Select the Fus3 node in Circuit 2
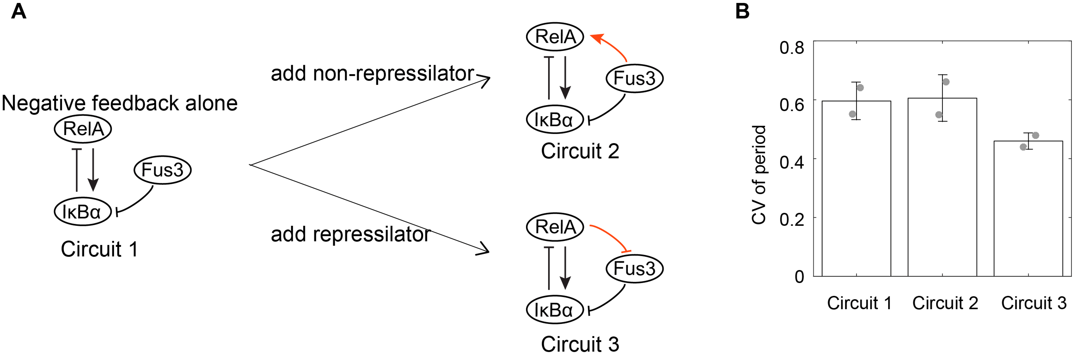tap(634, 78)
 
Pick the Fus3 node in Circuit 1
tap(162, 170)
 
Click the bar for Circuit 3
tap(1028, 209)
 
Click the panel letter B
tap(742, 11)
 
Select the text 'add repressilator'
tap(350, 234)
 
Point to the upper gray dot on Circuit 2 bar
tap(946, 82)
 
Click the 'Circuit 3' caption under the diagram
tap(580, 344)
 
